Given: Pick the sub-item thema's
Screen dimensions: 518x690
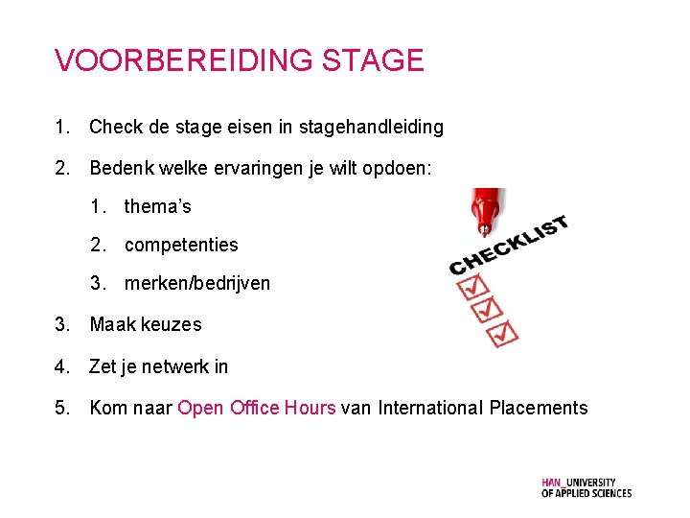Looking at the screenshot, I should (x=157, y=206).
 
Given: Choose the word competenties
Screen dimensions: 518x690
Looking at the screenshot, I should (x=181, y=245).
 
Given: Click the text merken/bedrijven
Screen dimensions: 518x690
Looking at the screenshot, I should (x=196, y=283).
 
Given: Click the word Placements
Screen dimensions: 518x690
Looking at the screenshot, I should (x=538, y=408).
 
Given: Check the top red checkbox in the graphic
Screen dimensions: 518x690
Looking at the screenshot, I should (x=474, y=286).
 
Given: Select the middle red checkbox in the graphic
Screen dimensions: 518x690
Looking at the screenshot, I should (x=489, y=309).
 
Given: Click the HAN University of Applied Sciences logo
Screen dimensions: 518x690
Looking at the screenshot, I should (x=586, y=487).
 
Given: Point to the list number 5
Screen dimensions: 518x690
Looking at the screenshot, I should (x=62, y=408).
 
